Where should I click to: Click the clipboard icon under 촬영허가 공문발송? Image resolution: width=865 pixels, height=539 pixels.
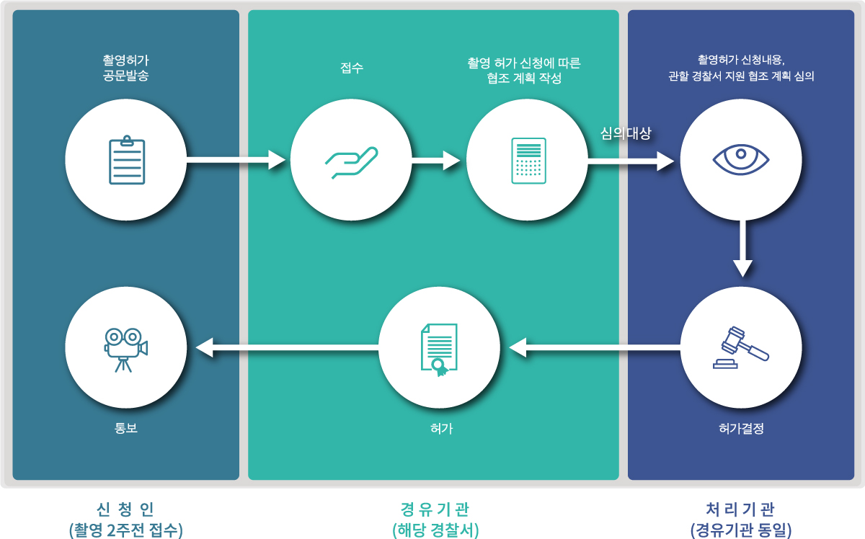pos(126,160)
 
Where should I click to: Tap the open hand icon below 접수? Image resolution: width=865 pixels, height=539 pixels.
pos(351,161)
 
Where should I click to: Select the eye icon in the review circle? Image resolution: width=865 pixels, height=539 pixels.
pos(741,159)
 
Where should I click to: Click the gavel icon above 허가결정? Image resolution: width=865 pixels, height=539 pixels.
pos(741,348)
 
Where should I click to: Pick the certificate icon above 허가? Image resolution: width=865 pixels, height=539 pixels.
pos(439,349)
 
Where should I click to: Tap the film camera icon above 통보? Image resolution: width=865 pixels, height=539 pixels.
pos(125,349)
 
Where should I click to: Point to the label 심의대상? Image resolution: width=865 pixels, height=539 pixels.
pos(626,133)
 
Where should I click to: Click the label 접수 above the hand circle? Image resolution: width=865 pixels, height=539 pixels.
pos(351,68)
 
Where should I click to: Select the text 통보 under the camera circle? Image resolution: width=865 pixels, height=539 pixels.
pos(125,428)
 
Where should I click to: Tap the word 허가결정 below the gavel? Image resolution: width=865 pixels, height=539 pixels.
pos(741,429)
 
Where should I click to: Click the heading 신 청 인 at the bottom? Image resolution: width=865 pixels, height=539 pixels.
pos(125,509)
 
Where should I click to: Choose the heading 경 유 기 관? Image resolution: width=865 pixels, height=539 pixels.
pos(435,509)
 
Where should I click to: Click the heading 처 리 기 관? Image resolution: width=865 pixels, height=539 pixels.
pos(741,509)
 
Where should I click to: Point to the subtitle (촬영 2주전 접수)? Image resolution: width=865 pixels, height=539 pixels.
pos(125,530)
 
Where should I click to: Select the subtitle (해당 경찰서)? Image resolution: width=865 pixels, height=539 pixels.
pos(435,530)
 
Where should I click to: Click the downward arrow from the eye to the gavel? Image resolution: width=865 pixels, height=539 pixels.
pos(742,249)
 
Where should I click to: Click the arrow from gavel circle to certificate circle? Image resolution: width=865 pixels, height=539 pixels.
pos(594,349)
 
